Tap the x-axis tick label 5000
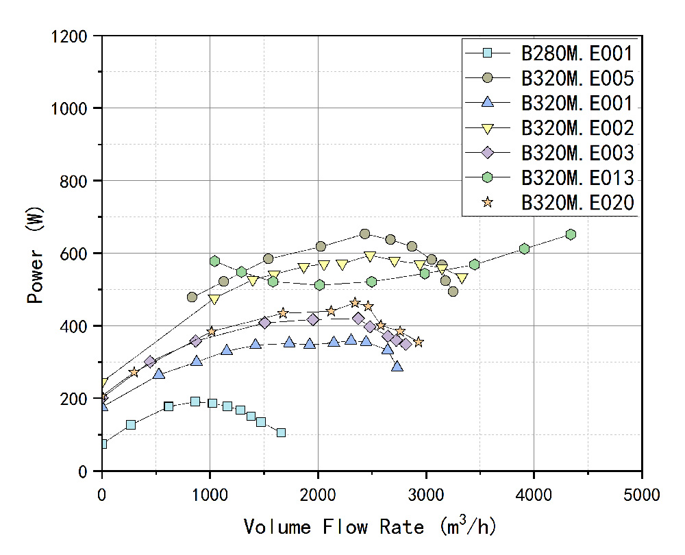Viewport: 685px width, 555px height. [642, 492]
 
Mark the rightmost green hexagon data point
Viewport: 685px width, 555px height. [571, 234]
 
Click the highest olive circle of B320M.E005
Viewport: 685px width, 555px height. [364, 234]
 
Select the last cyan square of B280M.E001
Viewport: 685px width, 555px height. [281, 432]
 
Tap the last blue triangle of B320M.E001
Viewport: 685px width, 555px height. [397, 367]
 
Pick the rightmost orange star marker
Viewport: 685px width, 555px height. [418, 342]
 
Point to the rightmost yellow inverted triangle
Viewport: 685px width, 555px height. [462, 278]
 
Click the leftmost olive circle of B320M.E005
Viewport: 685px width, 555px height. [192, 297]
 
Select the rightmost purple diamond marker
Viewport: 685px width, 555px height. [406, 344]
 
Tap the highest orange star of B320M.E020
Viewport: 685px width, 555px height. [355, 303]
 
